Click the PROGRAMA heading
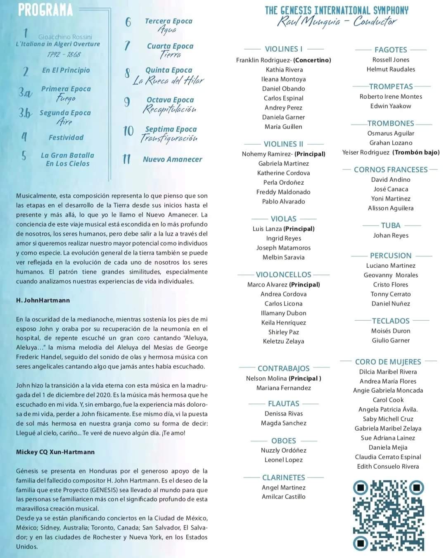45,10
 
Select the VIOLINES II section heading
283,144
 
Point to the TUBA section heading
391,225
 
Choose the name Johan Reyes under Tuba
391,235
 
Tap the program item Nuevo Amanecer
172,159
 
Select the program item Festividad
66,137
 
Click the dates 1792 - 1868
64,54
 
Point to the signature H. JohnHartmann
43,300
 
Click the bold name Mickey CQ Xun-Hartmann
55,452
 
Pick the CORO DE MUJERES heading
388,362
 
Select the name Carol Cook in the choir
388,400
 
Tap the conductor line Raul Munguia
337,21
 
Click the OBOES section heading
284,441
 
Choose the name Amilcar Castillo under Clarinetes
284,496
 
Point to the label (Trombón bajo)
416,152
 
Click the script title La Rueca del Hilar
168,80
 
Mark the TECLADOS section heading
391,321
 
